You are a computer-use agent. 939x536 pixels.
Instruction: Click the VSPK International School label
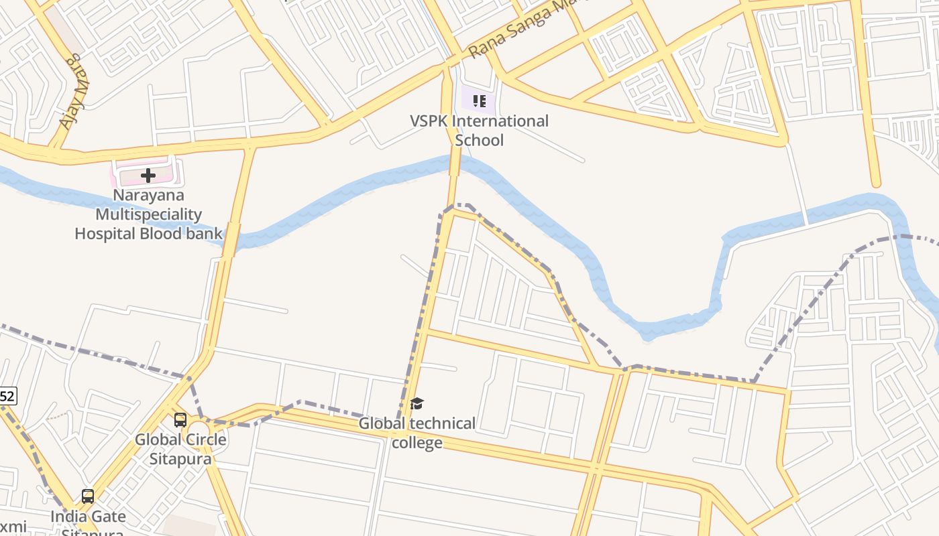[x=479, y=131]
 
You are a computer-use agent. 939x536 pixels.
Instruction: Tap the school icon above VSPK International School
[x=479, y=101]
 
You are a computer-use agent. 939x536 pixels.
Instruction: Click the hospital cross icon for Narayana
[x=148, y=176]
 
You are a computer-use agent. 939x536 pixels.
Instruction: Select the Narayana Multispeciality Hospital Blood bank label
[x=148, y=214]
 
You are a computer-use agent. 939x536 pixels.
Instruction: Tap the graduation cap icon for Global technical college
[x=417, y=403]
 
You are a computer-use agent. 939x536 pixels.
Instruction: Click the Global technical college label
[x=417, y=433]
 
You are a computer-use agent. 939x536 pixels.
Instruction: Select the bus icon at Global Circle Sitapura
[x=180, y=420]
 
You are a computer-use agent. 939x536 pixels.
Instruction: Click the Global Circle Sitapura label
[x=180, y=449]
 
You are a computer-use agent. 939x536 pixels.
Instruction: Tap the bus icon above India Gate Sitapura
[x=88, y=496]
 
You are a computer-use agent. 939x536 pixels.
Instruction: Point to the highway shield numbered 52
[x=7, y=396]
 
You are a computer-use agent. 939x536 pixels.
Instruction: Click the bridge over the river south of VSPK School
[x=455, y=164]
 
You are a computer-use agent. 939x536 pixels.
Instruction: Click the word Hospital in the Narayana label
[x=106, y=234]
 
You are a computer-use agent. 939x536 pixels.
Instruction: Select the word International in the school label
[x=500, y=121]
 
